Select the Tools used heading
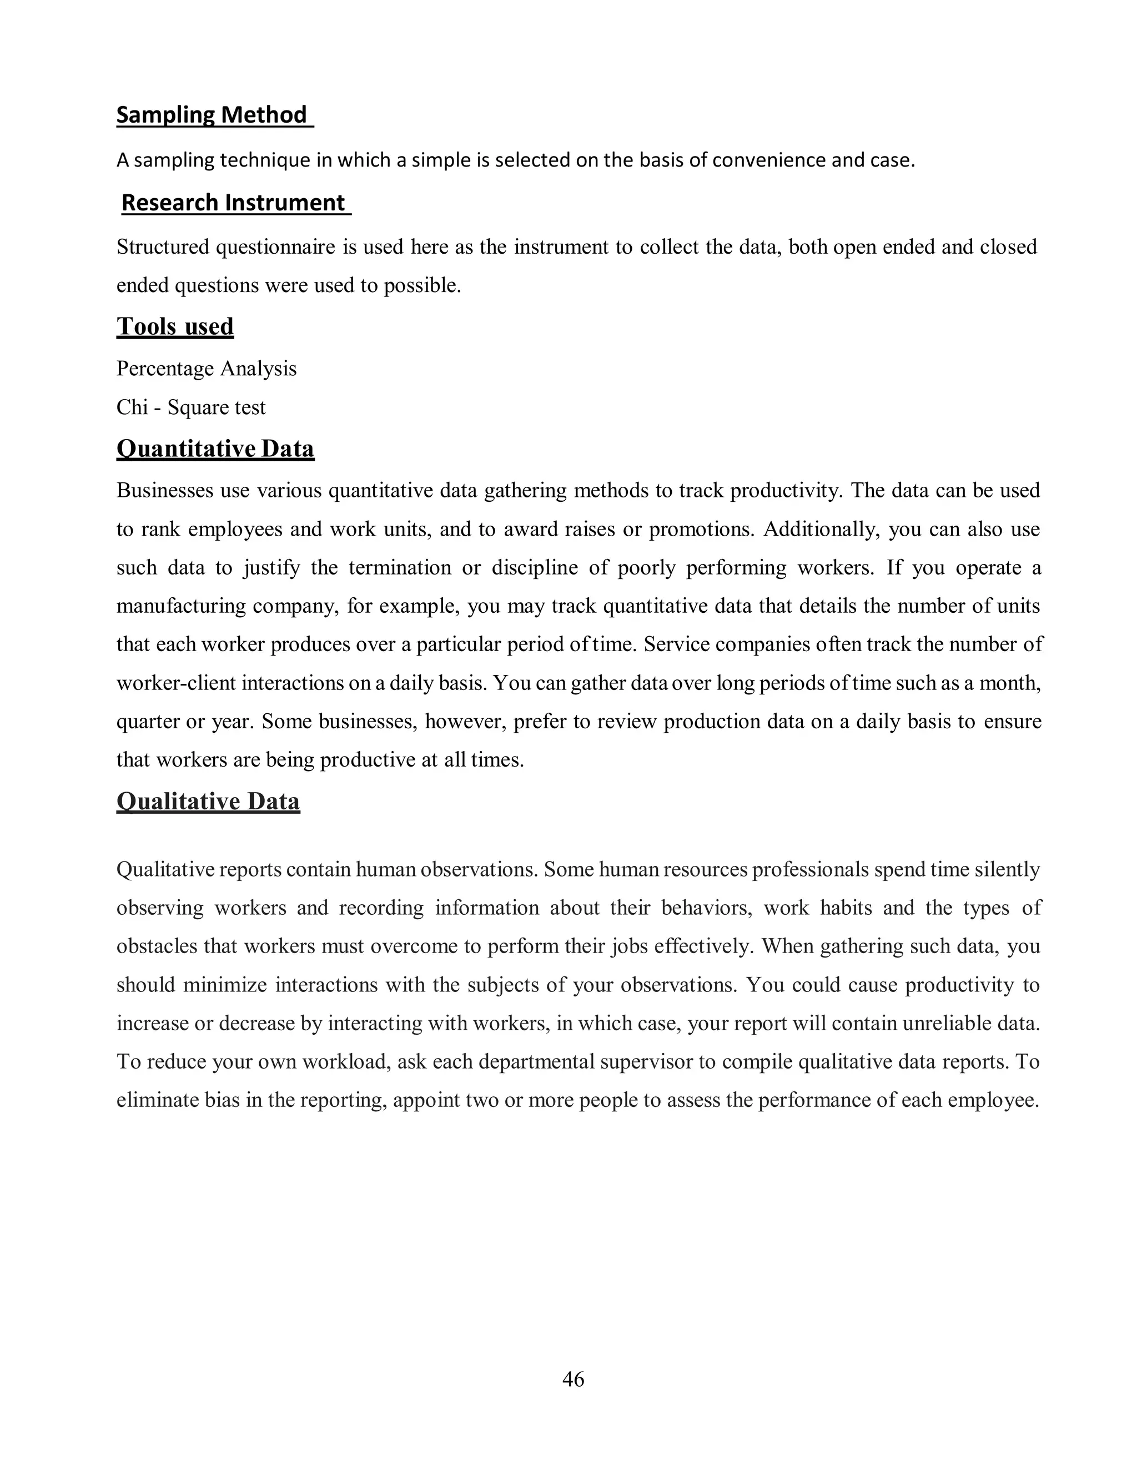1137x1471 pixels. [175, 326]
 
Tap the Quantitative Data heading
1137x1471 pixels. [215, 449]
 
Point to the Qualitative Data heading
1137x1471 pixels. [208, 802]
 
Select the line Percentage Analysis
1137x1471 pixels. [206, 369]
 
